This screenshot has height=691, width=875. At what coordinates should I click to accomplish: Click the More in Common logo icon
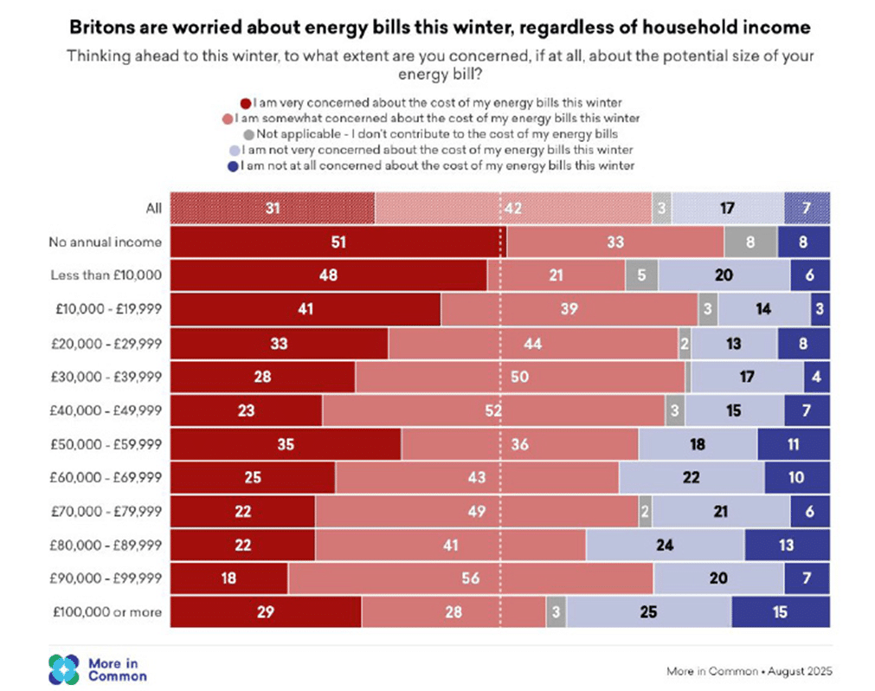[64, 668]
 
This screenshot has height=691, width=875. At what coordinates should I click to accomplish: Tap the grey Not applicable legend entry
[248, 134]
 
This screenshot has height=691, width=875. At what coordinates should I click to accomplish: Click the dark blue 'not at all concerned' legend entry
[247, 165]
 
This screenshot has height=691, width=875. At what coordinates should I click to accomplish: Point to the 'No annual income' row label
[105, 242]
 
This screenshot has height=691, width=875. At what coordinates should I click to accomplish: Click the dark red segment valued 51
[338, 242]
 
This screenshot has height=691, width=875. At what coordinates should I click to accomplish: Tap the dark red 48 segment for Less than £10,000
[328, 275]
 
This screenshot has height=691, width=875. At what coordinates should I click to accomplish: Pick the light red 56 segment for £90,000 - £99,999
[470, 578]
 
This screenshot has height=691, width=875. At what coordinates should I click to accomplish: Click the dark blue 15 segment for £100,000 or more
[780, 612]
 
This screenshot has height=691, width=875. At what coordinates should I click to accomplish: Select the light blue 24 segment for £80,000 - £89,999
[665, 546]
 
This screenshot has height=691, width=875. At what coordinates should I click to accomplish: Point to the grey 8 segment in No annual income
[750, 242]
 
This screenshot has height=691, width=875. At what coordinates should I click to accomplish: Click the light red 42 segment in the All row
[513, 209]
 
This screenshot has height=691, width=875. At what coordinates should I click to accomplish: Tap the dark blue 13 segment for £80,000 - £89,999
[786, 546]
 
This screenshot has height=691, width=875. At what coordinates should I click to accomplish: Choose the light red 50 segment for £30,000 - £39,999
[519, 378]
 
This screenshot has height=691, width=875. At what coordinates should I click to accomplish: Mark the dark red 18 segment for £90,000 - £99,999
[228, 578]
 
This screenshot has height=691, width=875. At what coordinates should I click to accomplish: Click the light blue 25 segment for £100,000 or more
[648, 612]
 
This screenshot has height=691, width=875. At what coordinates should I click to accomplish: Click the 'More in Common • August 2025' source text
[749, 671]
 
